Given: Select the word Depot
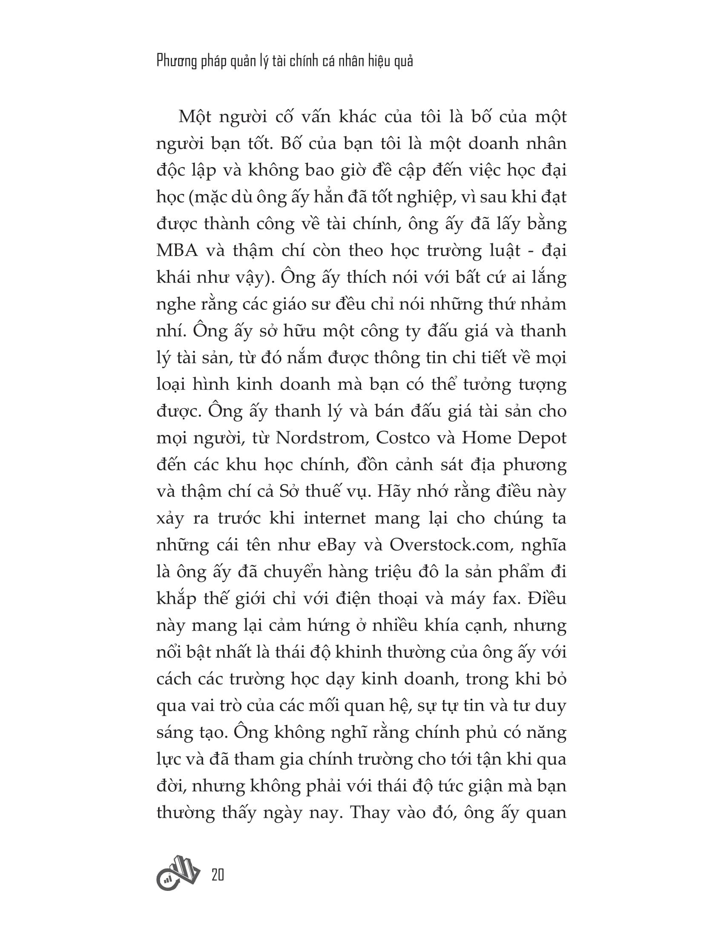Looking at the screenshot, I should (542, 438).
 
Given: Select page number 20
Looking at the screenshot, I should (218, 874).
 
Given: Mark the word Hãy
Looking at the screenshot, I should (391, 491).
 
